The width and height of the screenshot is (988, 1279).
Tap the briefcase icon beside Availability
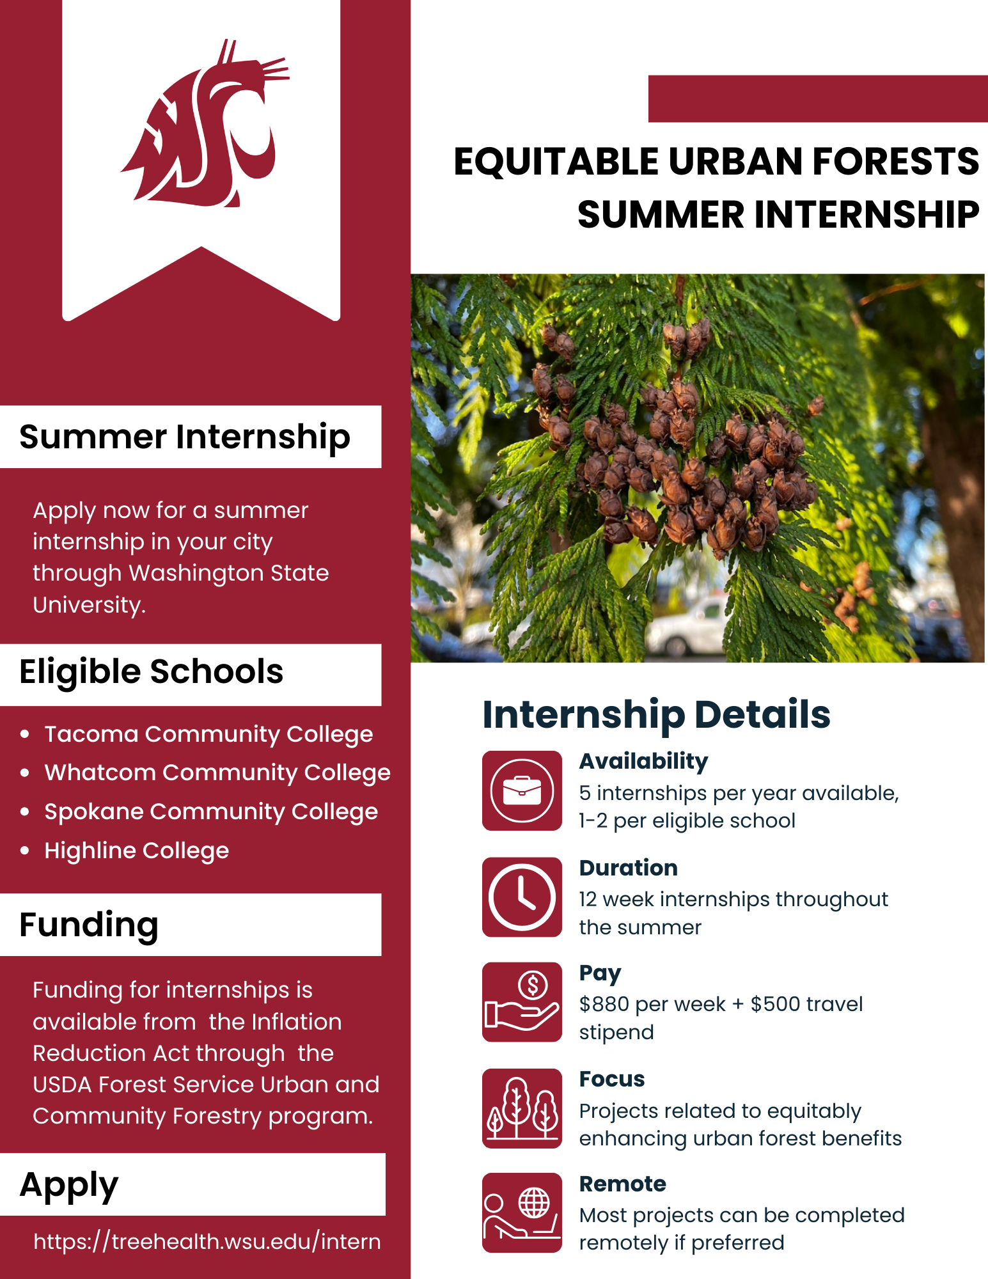pyautogui.click(x=522, y=790)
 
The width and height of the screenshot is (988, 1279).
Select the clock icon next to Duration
pyautogui.click(x=522, y=897)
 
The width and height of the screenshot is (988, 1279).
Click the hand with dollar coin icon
pyautogui.click(x=522, y=1002)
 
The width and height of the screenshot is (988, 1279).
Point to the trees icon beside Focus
pyautogui.click(x=522, y=1108)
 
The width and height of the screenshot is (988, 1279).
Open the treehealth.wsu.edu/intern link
pyautogui.click(x=207, y=1241)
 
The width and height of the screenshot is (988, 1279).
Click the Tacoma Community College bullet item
pyautogui.click(x=208, y=734)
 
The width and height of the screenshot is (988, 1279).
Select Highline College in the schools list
pyautogui.click(x=136, y=851)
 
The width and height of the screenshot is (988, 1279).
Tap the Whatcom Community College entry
pyautogui.click(x=217, y=773)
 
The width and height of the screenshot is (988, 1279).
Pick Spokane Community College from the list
pyautogui.click(x=211, y=812)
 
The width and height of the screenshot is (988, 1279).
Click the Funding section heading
pyautogui.click(x=89, y=925)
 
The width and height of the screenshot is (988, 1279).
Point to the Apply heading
pyautogui.click(x=69, y=1185)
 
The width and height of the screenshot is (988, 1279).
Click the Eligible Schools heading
pyautogui.click(x=151, y=672)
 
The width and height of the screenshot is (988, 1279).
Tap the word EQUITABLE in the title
pyautogui.click(x=556, y=161)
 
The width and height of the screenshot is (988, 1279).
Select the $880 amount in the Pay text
pyautogui.click(x=604, y=1004)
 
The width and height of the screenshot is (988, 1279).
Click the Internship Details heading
pyautogui.click(x=656, y=714)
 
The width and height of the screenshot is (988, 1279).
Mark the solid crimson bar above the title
pyautogui.click(x=817, y=98)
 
